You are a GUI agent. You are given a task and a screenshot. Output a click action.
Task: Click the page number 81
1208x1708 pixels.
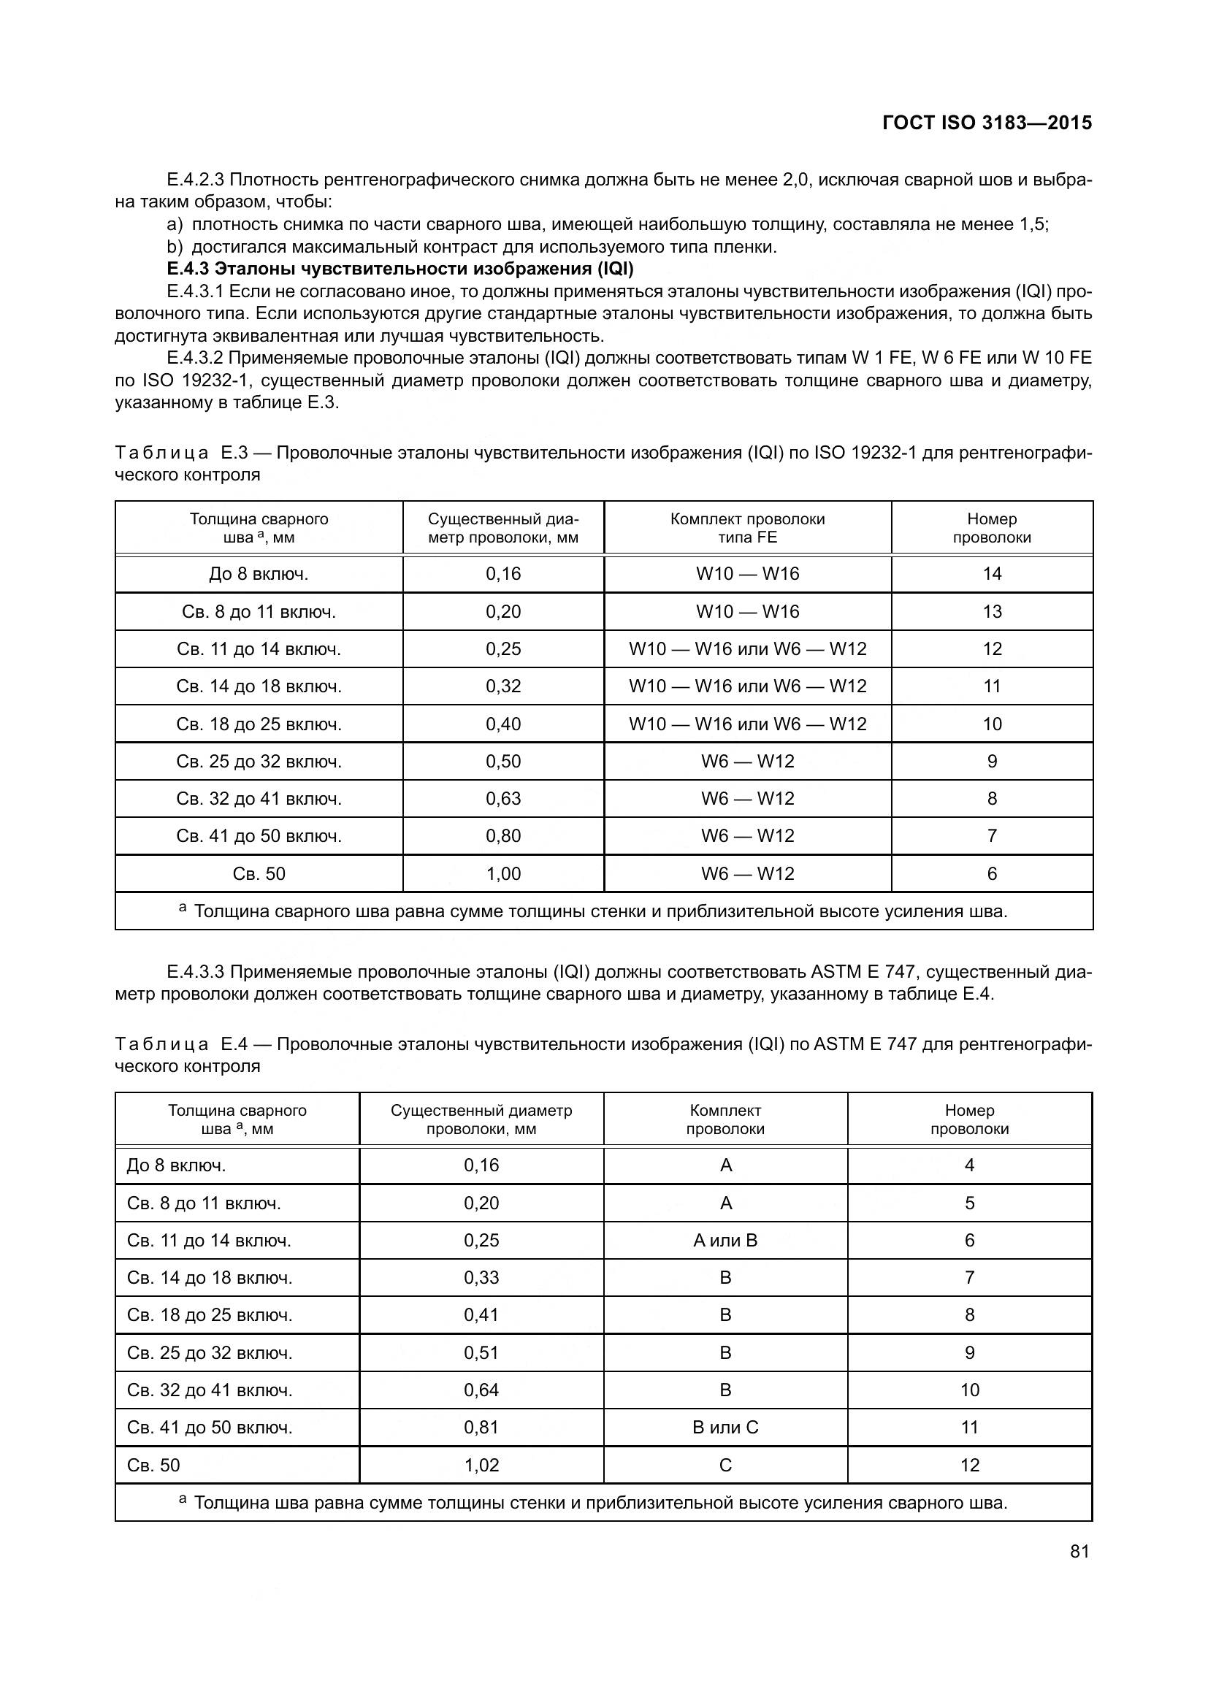click(1079, 1551)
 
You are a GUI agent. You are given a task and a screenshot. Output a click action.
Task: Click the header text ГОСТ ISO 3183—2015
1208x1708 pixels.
click(986, 123)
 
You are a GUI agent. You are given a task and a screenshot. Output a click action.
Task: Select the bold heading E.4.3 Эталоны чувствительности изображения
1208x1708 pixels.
click(400, 269)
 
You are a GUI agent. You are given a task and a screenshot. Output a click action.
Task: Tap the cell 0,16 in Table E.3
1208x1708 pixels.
click(504, 573)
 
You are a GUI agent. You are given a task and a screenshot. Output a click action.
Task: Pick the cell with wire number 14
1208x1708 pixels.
click(992, 573)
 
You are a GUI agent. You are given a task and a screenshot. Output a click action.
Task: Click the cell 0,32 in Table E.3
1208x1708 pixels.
click(504, 686)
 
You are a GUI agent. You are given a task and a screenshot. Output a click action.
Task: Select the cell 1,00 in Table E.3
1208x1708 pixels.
click(504, 873)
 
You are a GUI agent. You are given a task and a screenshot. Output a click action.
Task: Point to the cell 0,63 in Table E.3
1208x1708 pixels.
click(504, 798)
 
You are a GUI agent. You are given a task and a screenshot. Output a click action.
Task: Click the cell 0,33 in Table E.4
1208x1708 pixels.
click(481, 1277)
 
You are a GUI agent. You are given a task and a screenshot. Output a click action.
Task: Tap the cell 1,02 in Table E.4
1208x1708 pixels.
click(481, 1465)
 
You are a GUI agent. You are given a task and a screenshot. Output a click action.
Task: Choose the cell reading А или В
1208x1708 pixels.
click(725, 1240)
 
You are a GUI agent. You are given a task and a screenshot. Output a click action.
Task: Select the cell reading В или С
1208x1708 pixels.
click(725, 1427)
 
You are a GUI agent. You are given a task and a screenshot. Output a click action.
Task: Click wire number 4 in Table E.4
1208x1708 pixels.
click(969, 1165)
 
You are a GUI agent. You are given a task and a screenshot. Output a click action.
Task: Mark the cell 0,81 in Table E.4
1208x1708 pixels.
click(481, 1427)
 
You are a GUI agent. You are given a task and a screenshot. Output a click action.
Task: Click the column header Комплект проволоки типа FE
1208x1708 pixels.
click(748, 528)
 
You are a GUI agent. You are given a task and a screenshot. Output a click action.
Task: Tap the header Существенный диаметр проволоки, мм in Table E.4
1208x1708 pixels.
click(481, 1119)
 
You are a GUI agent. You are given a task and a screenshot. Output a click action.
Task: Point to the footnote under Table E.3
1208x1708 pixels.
click(601, 911)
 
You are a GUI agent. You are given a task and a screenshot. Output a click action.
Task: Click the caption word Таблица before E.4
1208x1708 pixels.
click(161, 1044)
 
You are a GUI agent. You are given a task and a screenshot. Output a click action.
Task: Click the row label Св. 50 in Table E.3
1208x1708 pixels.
click(259, 873)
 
